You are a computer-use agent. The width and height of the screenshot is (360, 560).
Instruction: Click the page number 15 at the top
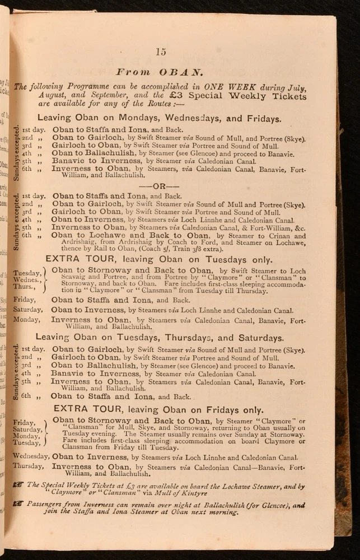point(161,52)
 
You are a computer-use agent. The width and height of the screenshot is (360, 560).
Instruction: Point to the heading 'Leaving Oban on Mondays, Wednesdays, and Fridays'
point(159,119)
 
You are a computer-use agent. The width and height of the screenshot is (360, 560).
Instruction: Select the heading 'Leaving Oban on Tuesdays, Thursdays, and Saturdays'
point(160,338)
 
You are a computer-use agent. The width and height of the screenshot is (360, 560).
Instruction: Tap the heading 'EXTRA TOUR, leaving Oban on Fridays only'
point(158,409)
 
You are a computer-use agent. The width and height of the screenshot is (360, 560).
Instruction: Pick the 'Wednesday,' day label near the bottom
point(31,456)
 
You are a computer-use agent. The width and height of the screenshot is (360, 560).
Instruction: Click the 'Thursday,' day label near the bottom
point(29,466)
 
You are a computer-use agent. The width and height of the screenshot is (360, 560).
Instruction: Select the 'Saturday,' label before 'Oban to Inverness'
point(29,310)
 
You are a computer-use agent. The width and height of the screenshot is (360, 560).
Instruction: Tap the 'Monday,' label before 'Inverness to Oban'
point(26,320)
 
